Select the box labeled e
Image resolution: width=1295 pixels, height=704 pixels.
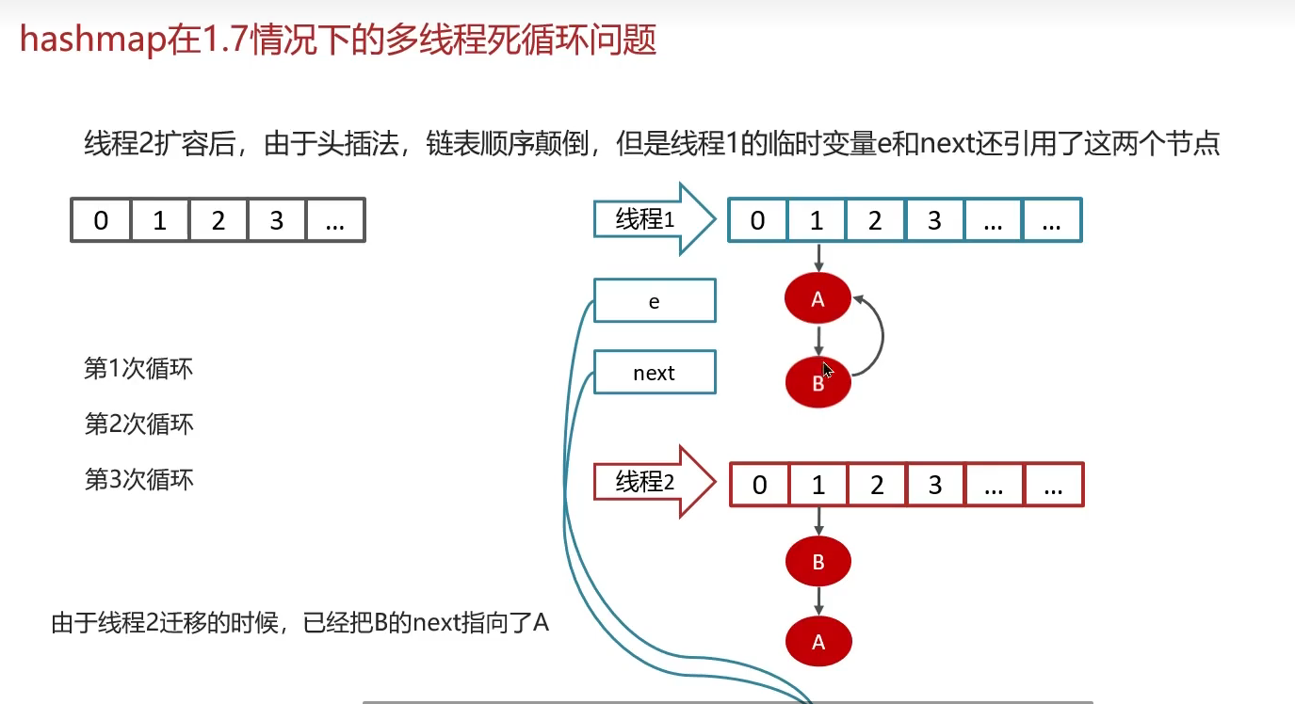pos(655,301)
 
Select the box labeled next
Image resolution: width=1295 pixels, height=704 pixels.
pos(655,373)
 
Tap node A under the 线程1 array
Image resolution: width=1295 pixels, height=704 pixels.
pos(817,299)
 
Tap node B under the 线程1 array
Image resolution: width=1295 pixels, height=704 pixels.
pos(817,382)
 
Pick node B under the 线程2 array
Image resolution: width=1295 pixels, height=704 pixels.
pos(817,562)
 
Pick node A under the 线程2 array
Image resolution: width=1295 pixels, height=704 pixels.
pos(817,642)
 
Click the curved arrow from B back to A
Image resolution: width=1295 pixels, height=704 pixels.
pos(881,334)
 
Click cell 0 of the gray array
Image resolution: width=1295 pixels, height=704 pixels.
pos(101,222)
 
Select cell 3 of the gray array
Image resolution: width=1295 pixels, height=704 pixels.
pos(277,222)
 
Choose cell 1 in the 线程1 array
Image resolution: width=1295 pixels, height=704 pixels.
pos(817,221)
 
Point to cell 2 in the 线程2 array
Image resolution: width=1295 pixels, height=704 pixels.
pos(876,485)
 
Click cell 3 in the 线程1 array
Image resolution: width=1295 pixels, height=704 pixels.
pos(934,221)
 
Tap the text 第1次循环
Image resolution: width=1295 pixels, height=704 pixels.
pos(138,368)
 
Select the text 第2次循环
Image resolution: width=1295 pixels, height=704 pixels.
pos(138,424)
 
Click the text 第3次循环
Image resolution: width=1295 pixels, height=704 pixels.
pos(138,479)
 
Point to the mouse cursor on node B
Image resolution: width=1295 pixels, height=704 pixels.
pos(828,371)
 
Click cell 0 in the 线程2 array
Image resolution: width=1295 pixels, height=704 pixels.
pos(759,485)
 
